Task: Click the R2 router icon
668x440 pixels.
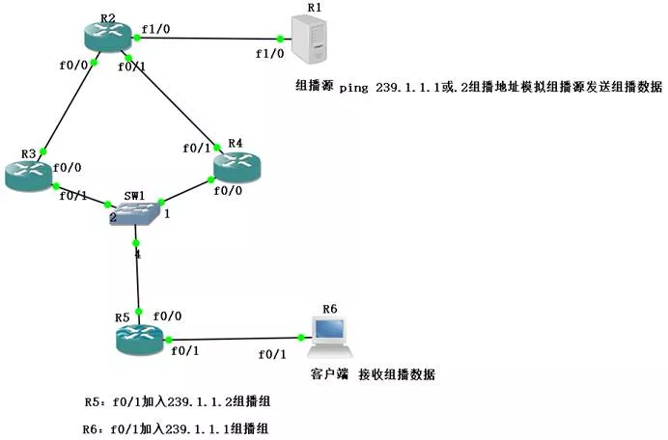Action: point(108,36)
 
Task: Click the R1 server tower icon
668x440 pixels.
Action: point(309,41)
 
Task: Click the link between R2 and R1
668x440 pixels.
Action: point(208,38)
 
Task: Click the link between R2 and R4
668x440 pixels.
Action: point(174,96)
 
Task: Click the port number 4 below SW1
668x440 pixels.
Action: point(136,254)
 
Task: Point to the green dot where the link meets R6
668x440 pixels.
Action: point(302,337)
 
